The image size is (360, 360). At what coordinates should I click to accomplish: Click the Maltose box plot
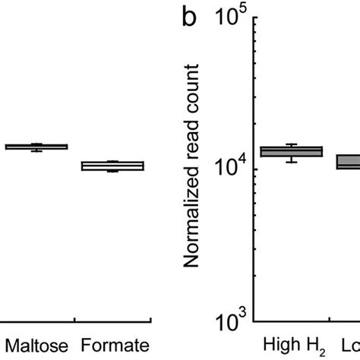coord(36,147)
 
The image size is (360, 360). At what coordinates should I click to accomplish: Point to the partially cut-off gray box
coord(349,162)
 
